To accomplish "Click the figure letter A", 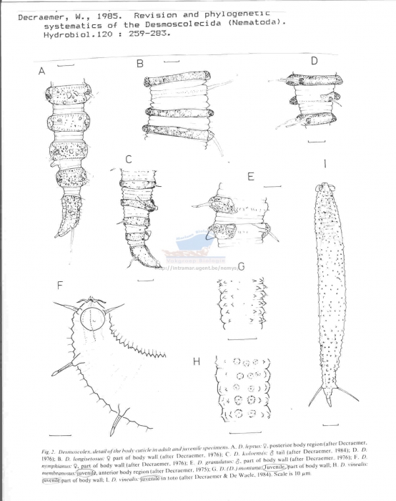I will [41, 71].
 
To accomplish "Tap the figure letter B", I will [140, 64].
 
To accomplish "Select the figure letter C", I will [128, 159].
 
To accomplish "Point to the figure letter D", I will [313, 62].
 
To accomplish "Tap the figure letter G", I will [241, 267].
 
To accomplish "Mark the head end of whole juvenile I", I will [325, 189].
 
